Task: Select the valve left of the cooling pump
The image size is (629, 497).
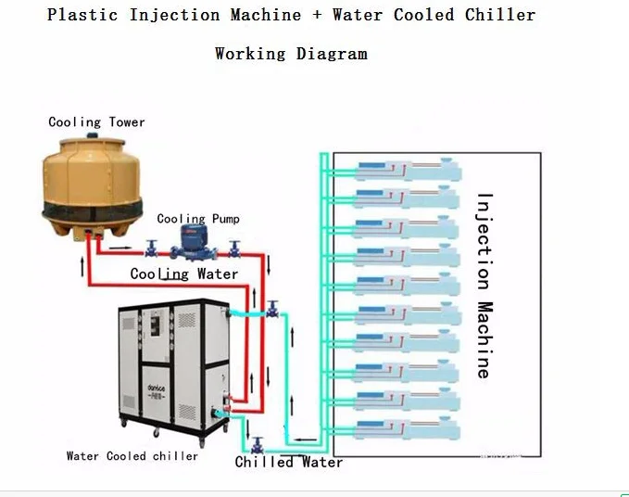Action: pos(150,248)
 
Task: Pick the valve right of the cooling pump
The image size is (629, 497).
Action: pos(234,248)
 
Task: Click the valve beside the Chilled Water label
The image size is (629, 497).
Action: pos(258,446)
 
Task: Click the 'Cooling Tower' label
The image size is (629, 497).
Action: pos(96,122)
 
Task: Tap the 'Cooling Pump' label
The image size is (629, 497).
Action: pos(197,219)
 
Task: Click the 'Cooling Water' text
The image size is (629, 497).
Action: pos(183,274)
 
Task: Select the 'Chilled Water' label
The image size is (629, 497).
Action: pos(288,462)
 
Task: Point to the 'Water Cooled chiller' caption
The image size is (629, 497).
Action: pos(132,455)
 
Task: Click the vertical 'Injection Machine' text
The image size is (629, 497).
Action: pos(483,285)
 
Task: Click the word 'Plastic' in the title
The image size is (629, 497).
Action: pos(83,15)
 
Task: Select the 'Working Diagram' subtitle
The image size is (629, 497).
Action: pos(291,53)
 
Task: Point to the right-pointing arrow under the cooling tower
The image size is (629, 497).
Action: pos(119,248)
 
